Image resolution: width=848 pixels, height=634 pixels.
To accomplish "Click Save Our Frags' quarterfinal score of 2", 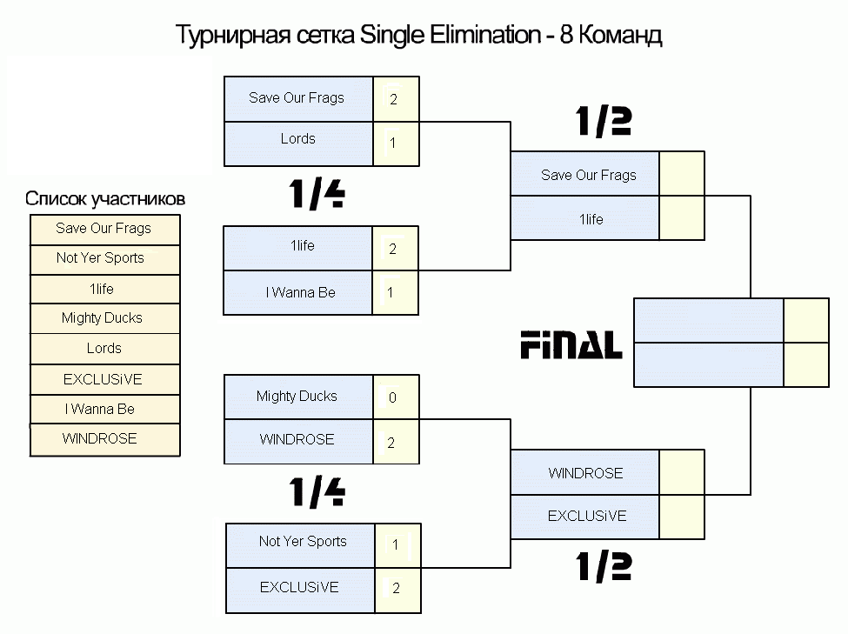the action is [x=393, y=99].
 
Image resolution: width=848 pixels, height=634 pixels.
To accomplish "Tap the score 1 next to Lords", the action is [x=392, y=143].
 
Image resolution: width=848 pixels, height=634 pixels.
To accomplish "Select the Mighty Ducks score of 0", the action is [x=392, y=398].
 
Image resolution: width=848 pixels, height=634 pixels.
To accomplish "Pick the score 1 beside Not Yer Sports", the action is [x=396, y=544].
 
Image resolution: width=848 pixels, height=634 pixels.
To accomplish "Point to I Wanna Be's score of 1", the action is [x=390, y=293].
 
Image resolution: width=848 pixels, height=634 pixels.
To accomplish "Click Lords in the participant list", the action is [x=103, y=348].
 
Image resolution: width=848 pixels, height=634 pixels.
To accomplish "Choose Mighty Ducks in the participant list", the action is [x=103, y=318].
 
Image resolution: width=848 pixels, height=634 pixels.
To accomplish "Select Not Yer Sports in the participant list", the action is [x=100, y=258].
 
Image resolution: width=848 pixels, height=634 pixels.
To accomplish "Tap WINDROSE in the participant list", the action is [x=99, y=438].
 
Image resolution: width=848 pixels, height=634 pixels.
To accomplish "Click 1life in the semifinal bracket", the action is [x=591, y=219].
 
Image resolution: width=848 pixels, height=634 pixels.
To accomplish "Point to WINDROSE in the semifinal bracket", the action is [x=585, y=473].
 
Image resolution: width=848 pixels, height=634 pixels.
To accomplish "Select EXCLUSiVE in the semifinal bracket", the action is [x=587, y=516].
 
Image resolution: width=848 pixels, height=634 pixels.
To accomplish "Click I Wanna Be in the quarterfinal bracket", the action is [x=301, y=293].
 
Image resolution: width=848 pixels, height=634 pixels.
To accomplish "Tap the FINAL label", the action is [x=571, y=345].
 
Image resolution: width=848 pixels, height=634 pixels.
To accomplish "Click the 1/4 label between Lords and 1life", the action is [x=317, y=194].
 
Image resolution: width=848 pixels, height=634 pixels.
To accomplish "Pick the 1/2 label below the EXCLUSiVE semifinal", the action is [x=604, y=566].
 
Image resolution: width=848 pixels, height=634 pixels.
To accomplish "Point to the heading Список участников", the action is [x=105, y=199].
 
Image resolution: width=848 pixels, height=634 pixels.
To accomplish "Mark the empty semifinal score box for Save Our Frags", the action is [x=682, y=174].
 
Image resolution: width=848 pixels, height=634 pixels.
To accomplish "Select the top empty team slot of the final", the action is [x=709, y=320].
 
